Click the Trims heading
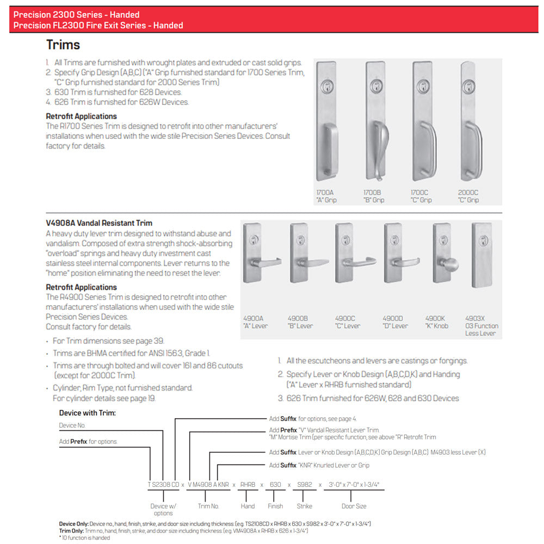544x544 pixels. click(x=63, y=45)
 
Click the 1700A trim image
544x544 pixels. click(x=326, y=121)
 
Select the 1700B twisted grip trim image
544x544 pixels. click(x=375, y=121)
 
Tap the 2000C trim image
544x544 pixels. click(x=470, y=121)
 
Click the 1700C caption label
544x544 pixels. click(x=421, y=196)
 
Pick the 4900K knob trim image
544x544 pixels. click(x=443, y=253)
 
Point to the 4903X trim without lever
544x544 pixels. click(x=481, y=255)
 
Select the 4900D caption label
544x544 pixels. click(x=395, y=322)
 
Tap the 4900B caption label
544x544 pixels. click(x=300, y=322)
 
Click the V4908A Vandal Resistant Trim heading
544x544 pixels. click(x=99, y=223)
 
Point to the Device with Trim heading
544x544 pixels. click(x=87, y=413)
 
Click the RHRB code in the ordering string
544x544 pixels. click(x=248, y=484)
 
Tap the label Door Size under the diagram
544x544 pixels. click(x=354, y=506)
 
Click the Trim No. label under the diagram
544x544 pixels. click(x=208, y=506)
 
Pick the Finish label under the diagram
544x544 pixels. click(x=275, y=506)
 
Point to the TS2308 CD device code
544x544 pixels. click(x=162, y=484)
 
